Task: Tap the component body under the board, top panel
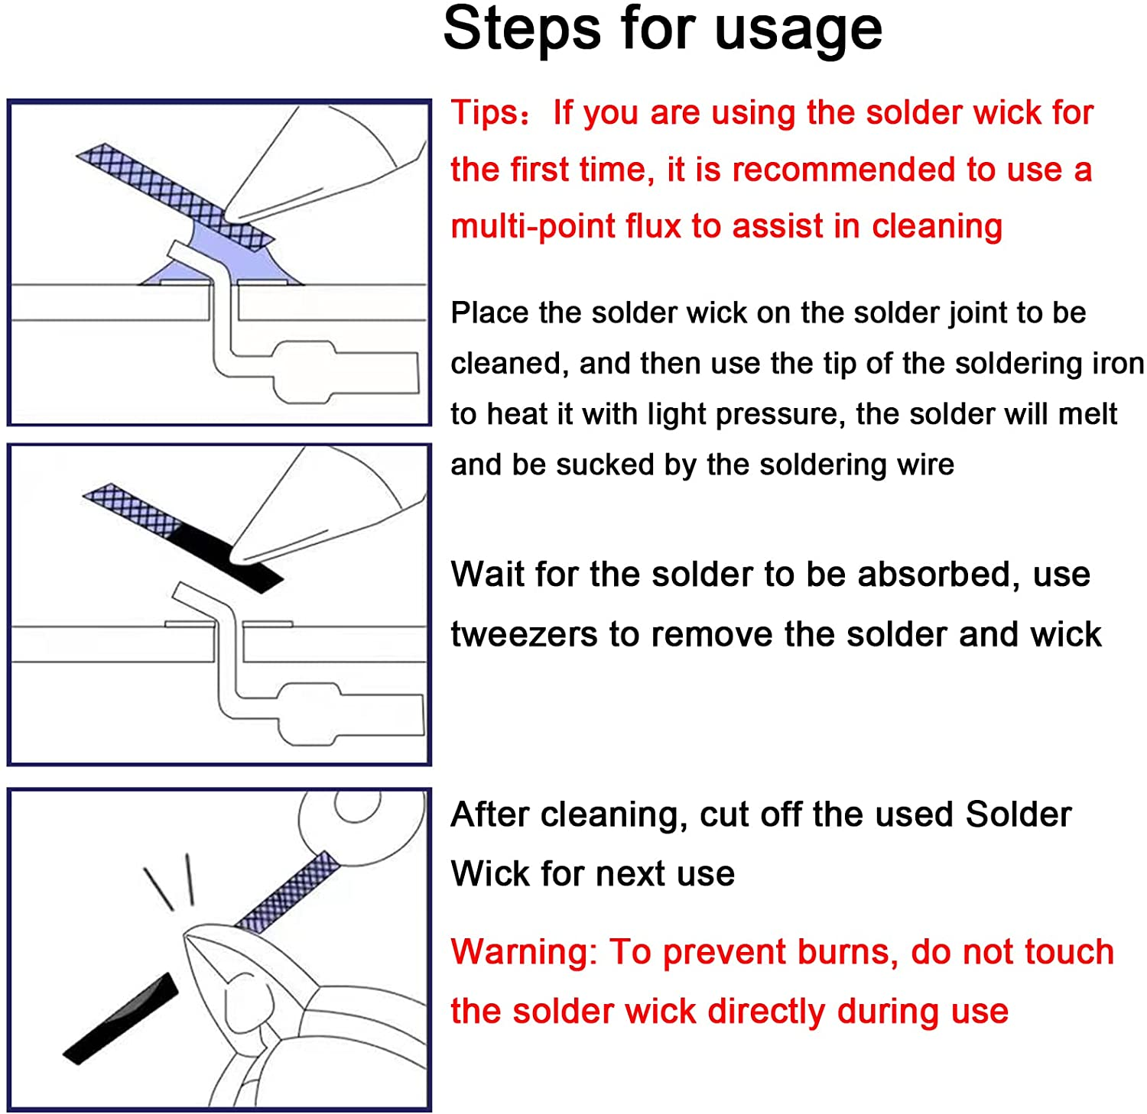pos(306,372)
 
